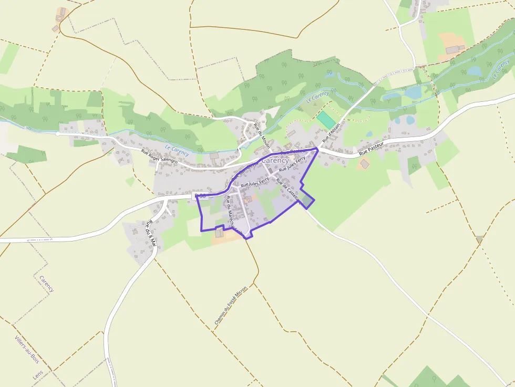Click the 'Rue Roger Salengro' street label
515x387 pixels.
point(159,156)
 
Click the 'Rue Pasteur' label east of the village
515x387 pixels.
point(372,149)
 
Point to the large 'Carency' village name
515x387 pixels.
point(275,160)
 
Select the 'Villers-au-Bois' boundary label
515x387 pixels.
point(27,350)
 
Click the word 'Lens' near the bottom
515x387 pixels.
point(37,374)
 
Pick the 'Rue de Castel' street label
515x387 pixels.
point(287,192)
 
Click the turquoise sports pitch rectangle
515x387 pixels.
point(326,120)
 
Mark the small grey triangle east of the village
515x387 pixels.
point(479,239)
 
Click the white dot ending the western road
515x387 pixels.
point(57,134)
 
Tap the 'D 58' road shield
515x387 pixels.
point(200,196)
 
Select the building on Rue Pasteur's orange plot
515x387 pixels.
point(365,164)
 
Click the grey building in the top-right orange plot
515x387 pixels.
point(452,49)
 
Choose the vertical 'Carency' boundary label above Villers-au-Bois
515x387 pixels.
point(47,283)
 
